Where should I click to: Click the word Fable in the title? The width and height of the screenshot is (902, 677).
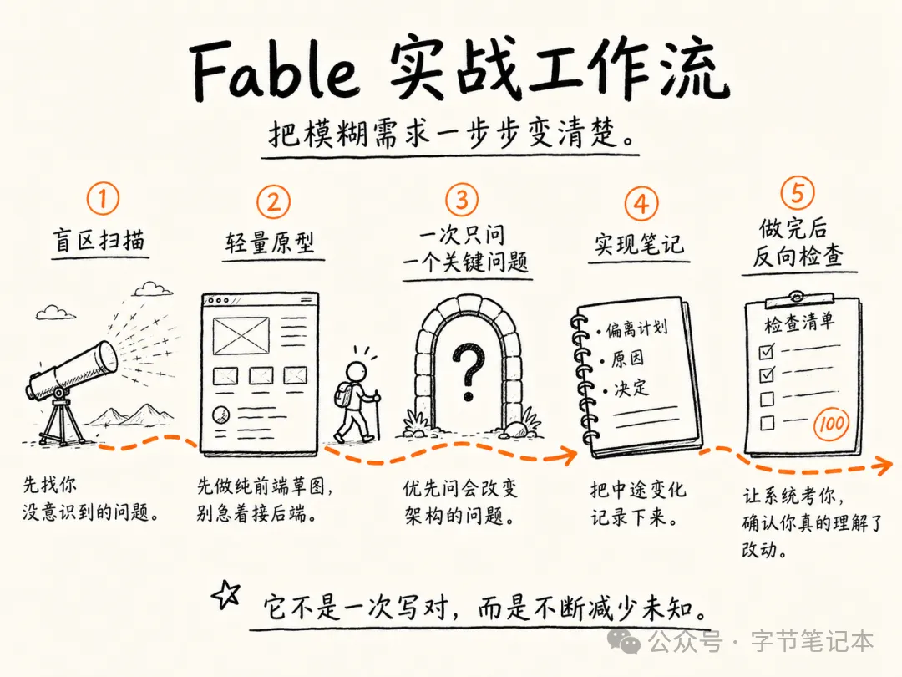click(x=273, y=71)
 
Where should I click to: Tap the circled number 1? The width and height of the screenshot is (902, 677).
click(x=103, y=199)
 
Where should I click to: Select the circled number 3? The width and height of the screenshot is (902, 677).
click(x=462, y=199)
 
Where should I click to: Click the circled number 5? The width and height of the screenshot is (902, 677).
click(x=798, y=192)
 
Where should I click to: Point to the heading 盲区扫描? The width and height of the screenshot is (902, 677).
click(x=99, y=240)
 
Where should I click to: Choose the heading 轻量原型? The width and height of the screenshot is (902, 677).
click(x=270, y=243)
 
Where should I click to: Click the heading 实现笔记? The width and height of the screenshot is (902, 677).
click(x=639, y=244)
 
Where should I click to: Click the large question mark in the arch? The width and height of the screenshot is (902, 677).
click(x=469, y=371)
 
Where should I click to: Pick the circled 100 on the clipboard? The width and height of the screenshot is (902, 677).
click(x=831, y=425)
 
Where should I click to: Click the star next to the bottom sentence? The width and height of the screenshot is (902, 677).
click(x=226, y=595)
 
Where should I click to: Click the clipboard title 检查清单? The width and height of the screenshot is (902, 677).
click(x=799, y=323)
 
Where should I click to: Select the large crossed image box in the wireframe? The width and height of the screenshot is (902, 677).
click(x=241, y=336)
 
